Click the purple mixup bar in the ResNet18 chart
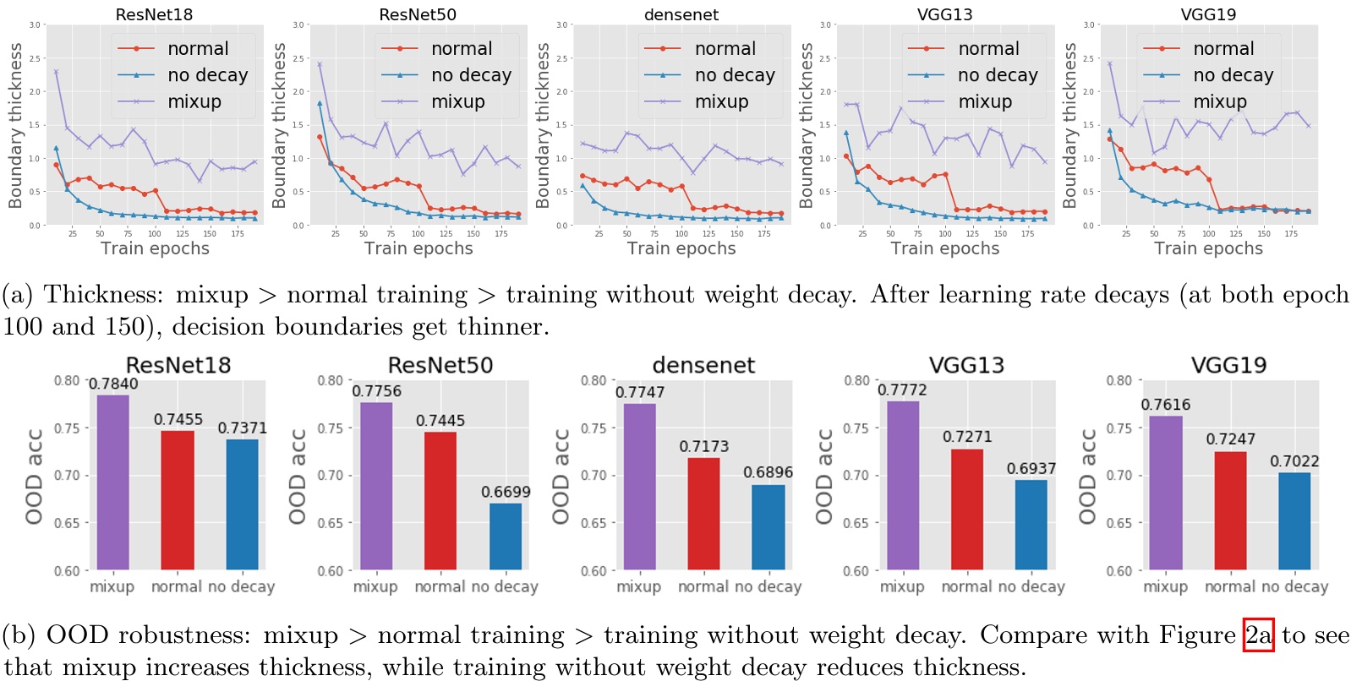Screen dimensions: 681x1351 coord(112,482)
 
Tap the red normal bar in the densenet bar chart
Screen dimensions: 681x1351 coord(703,514)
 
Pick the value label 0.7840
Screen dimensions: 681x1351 coord(113,384)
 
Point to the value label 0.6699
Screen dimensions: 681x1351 coord(506,492)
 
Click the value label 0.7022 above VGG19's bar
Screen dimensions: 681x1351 coord(1294,460)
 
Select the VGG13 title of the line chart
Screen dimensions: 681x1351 coord(944,14)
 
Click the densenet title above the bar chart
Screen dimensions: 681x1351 coord(703,365)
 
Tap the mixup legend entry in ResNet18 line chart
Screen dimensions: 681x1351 coord(194,101)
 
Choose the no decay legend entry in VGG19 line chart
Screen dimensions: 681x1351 coord(1233,75)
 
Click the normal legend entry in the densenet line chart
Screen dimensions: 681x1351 coord(725,49)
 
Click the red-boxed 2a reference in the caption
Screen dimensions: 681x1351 coord(1258,635)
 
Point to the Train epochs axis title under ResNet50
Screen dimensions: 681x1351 coord(418,248)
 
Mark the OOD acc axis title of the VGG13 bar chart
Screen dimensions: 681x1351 coord(823,476)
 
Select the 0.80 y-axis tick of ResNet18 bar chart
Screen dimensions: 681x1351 coord(67,381)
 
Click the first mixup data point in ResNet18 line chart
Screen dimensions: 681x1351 coord(56,72)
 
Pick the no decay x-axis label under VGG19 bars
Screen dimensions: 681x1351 coord(1297,586)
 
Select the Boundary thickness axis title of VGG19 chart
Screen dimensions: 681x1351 coord(1070,125)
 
